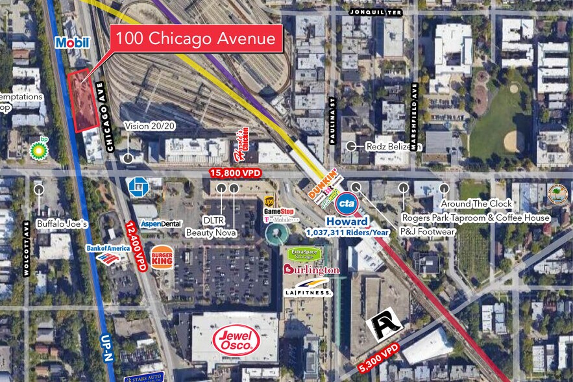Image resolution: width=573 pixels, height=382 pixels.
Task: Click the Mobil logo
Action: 72,43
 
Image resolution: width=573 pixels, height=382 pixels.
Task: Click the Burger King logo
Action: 162,257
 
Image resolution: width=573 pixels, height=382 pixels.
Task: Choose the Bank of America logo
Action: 108,252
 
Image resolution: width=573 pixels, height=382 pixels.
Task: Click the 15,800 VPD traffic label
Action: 235,172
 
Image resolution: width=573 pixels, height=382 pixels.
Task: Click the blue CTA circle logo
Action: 348,203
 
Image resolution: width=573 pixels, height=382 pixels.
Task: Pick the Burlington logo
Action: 311,270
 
